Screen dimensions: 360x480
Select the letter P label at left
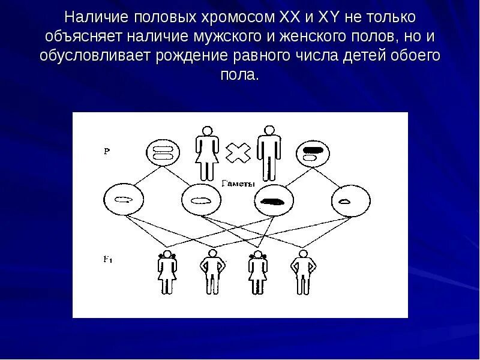click(x=106, y=152)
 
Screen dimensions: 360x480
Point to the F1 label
click(x=107, y=259)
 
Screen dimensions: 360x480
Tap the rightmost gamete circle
click(x=344, y=202)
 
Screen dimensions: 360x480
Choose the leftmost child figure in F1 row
click(x=167, y=272)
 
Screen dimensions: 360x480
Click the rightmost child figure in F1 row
click(x=302, y=272)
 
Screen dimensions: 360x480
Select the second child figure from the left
click(x=212, y=272)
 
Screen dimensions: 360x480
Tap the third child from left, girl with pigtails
click(x=257, y=272)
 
